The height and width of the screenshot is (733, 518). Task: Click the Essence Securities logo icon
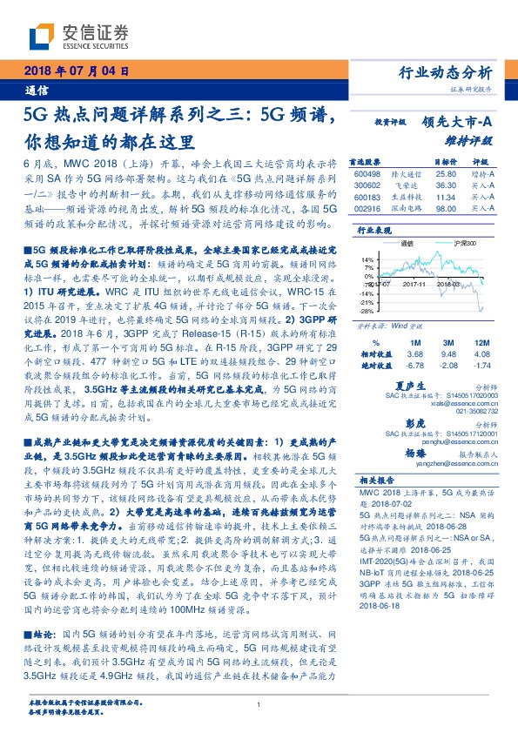(x=44, y=34)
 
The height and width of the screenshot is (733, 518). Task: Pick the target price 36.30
(x=446, y=185)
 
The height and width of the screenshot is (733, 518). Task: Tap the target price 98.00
(x=446, y=209)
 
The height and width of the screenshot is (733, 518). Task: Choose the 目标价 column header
(x=445, y=162)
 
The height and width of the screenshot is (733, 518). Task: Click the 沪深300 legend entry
(x=457, y=243)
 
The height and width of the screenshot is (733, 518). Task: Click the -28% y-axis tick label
(x=367, y=310)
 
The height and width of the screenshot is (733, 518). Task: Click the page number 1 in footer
(x=259, y=706)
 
